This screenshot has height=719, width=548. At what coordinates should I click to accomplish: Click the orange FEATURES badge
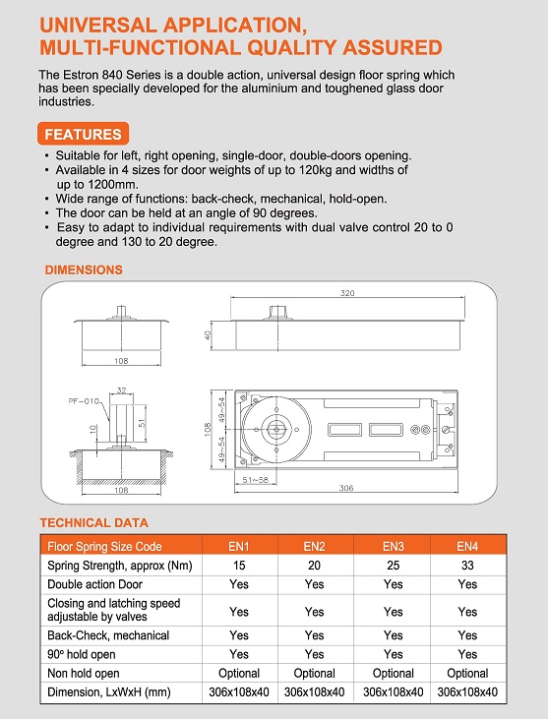click(83, 134)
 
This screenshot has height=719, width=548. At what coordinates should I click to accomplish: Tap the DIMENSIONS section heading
click(84, 270)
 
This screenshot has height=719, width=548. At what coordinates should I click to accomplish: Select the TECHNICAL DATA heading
click(94, 522)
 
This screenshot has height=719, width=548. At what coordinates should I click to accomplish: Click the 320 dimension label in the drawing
click(347, 293)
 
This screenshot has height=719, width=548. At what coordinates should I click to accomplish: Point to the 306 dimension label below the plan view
click(346, 488)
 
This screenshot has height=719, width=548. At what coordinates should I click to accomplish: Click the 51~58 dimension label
click(256, 480)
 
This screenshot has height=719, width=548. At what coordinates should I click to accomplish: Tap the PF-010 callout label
click(84, 401)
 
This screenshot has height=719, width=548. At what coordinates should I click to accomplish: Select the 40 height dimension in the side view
click(208, 335)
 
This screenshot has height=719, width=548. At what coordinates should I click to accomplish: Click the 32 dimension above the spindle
click(121, 390)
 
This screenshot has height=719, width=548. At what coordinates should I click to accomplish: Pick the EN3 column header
click(393, 546)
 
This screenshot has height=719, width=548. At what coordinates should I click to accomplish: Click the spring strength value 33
click(467, 566)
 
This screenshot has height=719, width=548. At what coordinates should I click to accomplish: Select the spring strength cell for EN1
click(239, 566)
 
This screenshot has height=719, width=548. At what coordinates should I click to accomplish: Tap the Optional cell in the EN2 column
click(314, 673)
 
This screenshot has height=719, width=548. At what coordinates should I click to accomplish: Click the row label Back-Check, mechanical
click(108, 635)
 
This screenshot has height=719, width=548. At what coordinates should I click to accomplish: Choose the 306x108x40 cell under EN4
click(467, 691)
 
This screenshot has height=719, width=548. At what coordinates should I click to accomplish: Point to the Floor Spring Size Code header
click(104, 546)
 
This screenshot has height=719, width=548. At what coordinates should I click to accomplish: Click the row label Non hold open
click(84, 673)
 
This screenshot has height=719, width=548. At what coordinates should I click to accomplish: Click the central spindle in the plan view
click(276, 429)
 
